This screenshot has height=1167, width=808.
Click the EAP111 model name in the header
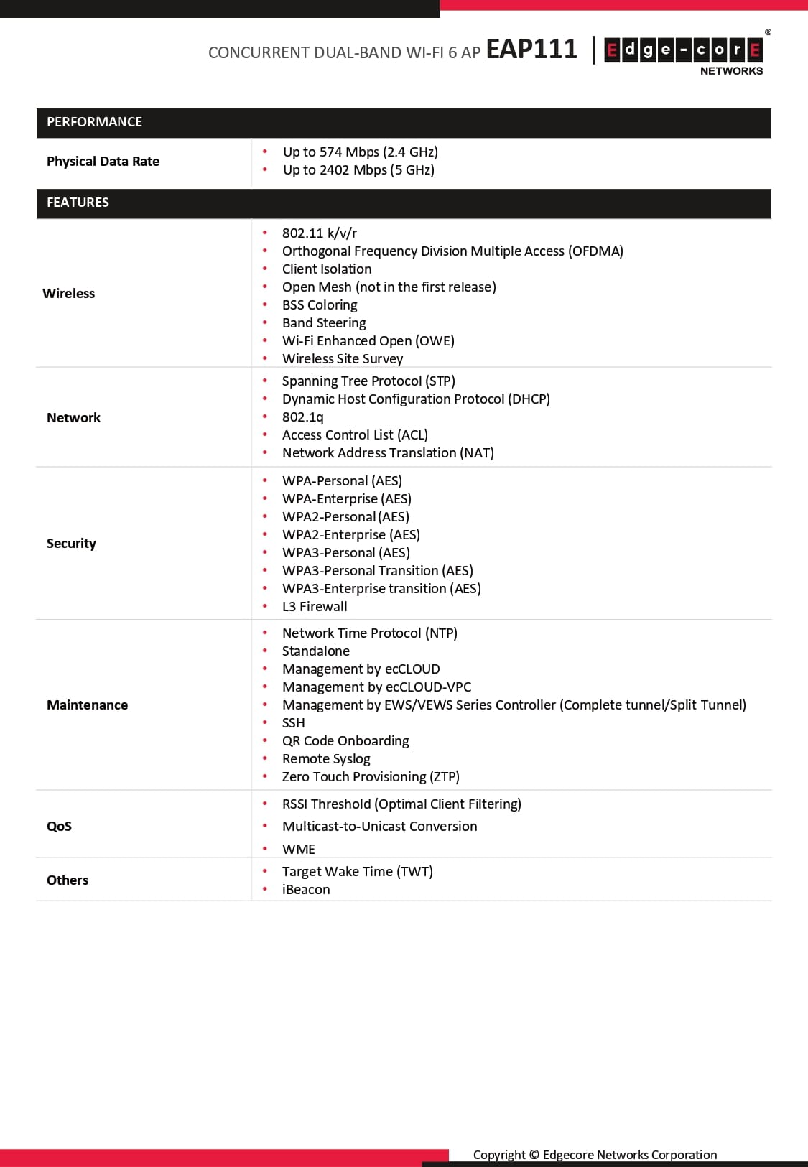531,49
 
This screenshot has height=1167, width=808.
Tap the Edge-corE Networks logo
683,53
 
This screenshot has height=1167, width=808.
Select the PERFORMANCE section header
94,122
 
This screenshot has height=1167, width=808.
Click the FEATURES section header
78,203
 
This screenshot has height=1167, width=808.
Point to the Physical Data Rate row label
103,162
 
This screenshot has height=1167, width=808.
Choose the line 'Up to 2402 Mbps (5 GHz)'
358,170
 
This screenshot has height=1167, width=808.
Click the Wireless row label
68,293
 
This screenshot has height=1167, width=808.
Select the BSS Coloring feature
320,305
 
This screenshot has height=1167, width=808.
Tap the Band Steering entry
324,323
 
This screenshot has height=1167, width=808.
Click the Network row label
73,418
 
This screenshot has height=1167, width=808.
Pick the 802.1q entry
302,417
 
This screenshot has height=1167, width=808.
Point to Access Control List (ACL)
355,435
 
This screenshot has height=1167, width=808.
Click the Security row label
71,544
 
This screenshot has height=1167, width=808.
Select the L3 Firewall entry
315,607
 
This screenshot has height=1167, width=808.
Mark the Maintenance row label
87,705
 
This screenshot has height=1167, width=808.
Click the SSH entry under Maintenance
293,723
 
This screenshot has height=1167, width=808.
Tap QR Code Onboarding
345,741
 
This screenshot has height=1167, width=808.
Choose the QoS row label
59,826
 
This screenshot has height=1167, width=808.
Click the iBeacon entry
306,890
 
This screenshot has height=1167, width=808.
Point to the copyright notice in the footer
595,1155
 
